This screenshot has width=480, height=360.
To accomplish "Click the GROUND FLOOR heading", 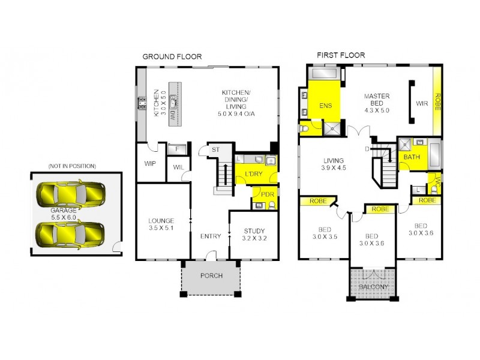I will click(172, 56).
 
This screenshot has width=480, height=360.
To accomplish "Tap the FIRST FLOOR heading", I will click(341, 56).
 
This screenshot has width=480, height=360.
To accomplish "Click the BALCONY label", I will click(373, 287).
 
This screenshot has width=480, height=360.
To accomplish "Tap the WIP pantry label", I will click(150, 163).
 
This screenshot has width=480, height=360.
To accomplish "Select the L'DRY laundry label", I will click(251, 174).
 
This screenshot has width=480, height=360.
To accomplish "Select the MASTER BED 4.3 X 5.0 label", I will click(376, 103).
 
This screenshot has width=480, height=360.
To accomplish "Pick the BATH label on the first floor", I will click(412, 157).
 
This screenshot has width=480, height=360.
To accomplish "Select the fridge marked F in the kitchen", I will click(177, 150).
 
